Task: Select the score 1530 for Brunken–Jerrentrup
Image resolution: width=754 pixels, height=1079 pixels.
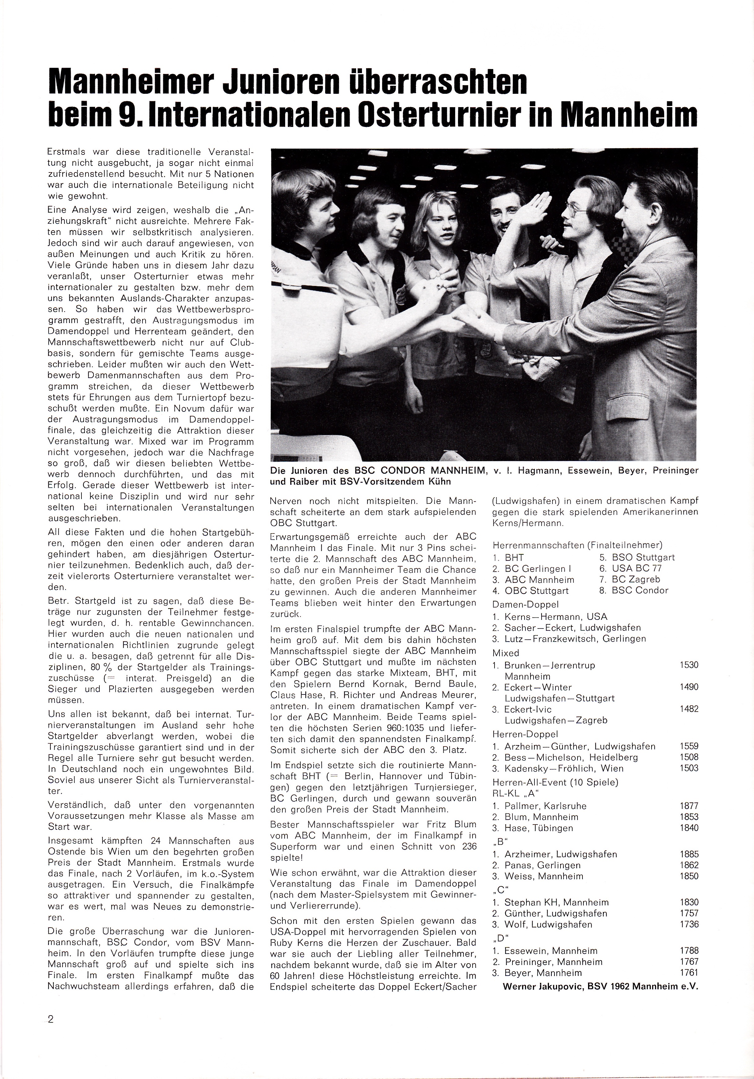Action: coord(689,665)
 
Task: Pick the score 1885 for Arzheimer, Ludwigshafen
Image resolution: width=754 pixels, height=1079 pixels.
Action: coord(689,854)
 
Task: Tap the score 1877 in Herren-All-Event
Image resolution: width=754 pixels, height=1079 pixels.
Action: coord(689,806)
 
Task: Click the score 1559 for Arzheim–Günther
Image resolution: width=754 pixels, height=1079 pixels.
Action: coord(689,746)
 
